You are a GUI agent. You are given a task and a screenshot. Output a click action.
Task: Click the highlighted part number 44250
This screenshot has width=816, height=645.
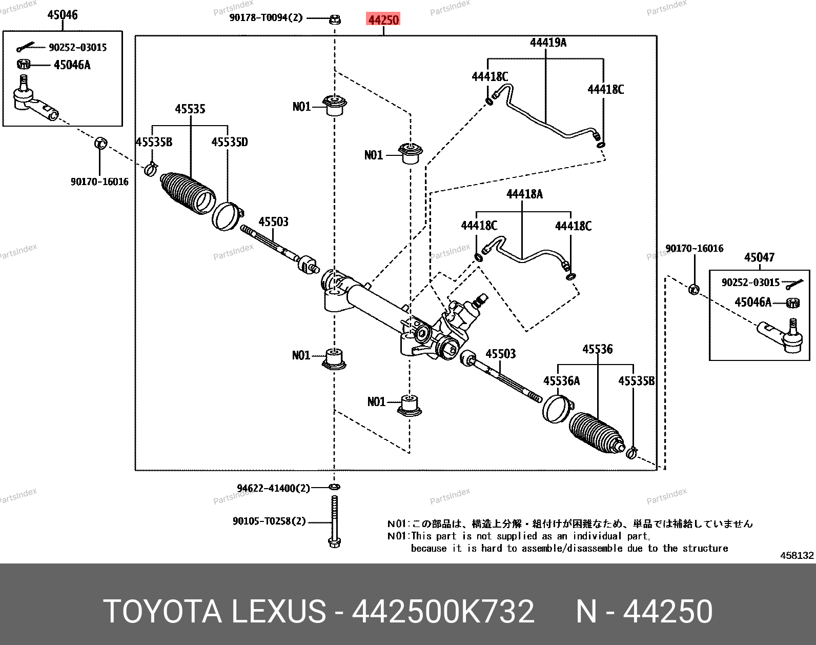[383, 20]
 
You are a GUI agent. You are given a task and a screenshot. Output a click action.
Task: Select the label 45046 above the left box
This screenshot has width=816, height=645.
[63, 15]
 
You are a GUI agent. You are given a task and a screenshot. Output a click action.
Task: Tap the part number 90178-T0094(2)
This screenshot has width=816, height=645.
[266, 18]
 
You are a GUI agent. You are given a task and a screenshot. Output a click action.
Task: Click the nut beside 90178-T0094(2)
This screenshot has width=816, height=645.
[334, 19]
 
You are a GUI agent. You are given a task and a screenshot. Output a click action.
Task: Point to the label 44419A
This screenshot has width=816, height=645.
[548, 43]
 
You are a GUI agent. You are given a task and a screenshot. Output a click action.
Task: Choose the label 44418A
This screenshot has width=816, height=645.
[524, 194]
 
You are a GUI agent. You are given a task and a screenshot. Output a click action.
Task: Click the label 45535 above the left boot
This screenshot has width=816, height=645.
[190, 109]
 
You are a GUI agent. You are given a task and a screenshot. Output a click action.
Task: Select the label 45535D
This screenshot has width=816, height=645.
[230, 142]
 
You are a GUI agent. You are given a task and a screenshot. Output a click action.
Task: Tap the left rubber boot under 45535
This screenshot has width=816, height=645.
[187, 193]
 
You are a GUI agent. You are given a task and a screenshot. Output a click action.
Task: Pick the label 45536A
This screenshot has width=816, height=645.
[562, 381]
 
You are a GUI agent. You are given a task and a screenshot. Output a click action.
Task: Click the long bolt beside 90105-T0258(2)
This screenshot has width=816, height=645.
[335, 520]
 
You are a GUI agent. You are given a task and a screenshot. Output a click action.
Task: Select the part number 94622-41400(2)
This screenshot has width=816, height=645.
[273, 488]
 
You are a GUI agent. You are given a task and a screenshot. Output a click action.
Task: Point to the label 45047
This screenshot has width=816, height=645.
[759, 257]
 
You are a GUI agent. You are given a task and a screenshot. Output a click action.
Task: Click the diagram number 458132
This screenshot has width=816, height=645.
[797, 555]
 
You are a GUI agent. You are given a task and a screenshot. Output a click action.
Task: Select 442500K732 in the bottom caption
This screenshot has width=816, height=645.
[443, 611]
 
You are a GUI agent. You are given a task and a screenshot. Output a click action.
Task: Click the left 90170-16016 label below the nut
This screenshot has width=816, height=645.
[99, 182]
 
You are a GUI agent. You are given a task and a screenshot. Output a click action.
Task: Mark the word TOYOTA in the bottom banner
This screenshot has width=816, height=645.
[162, 611]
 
